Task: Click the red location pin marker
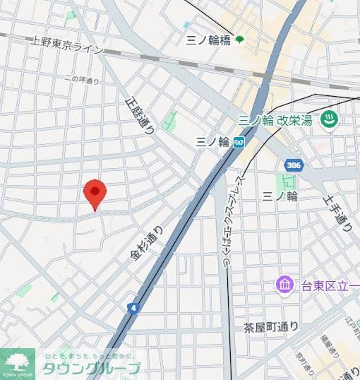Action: coord(95,193)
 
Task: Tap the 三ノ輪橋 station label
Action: coord(208,40)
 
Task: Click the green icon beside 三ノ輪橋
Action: coord(240,40)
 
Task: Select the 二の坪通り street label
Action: coord(81,81)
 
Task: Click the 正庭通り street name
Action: coord(139,115)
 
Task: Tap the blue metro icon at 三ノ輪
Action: coord(239,142)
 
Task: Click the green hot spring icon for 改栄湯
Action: coord(328,121)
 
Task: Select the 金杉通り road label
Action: coord(145,244)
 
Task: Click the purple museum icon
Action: coord(284,285)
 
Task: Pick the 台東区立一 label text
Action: coord(328,286)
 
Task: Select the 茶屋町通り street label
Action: coord(271,327)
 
